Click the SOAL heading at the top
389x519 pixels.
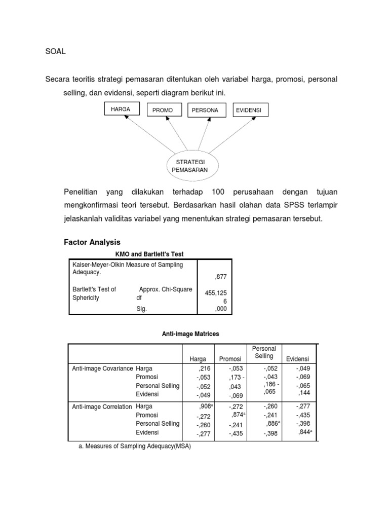pos(56,51)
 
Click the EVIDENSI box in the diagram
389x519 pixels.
pos(251,110)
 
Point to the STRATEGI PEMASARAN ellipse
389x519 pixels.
pos(193,165)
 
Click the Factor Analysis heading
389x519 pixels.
pos(92,242)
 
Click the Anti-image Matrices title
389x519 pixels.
pos(190,334)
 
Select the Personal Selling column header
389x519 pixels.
pos(264,352)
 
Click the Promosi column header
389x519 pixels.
pos(230,359)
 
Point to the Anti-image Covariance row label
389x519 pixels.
pos(102,368)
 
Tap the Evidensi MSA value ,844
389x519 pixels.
pos(305,432)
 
